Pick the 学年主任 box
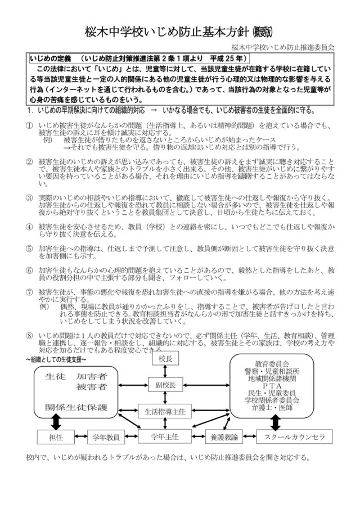coord(165,436)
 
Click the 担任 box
coord(56,437)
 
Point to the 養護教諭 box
coord(224,437)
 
